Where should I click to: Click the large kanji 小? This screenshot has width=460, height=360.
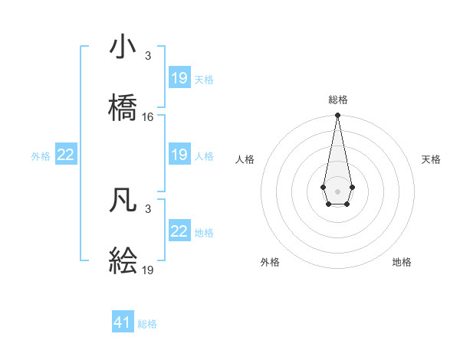(x=123, y=47)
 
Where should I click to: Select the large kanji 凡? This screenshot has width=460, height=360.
(x=123, y=200)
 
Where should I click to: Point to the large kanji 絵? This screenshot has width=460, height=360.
(x=123, y=261)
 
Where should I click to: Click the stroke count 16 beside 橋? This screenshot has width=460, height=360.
(x=148, y=117)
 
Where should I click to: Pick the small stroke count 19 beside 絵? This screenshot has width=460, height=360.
(x=148, y=270)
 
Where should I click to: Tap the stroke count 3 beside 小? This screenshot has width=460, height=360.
(x=148, y=56)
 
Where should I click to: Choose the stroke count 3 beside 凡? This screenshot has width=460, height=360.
(x=148, y=209)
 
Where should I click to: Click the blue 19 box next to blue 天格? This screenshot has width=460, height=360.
(x=179, y=78)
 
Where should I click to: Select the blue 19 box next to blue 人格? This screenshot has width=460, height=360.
(x=179, y=155)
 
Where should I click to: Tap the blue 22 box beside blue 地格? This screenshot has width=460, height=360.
(x=179, y=231)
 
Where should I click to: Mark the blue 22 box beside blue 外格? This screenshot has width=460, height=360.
(x=66, y=155)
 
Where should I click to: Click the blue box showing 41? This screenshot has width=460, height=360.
(x=123, y=322)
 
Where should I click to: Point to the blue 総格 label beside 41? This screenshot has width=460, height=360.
(x=147, y=324)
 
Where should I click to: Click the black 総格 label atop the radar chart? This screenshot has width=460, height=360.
(x=338, y=100)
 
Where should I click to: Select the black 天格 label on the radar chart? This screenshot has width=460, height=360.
(x=432, y=159)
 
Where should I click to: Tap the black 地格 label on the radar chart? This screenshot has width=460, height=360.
(x=402, y=262)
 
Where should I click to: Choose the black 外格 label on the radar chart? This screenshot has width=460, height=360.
(x=270, y=262)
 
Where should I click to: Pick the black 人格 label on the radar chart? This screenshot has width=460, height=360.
(x=245, y=159)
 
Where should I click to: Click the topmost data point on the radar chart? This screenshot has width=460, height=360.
(x=337, y=116)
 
